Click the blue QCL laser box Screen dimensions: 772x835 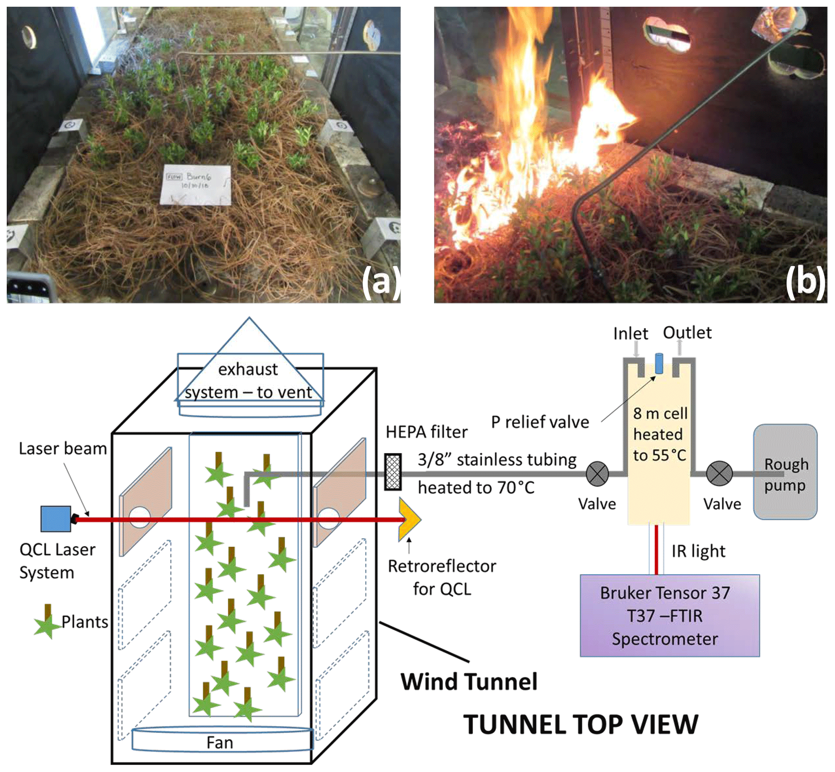click(x=56, y=519)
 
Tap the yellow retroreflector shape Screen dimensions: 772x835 click(x=409, y=519)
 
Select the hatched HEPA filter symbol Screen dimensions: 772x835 click(x=393, y=472)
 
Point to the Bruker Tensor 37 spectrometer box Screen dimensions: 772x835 click(x=669, y=616)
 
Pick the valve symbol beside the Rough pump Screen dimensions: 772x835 click(x=719, y=474)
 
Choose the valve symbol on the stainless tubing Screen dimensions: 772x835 click(x=597, y=474)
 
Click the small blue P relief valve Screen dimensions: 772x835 click(x=659, y=364)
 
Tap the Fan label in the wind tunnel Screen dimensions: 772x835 click(x=220, y=743)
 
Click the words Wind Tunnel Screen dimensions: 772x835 click(x=469, y=682)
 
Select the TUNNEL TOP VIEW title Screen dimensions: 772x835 click(x=581, y=725)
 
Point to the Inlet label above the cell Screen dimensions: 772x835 click(x=630, y=333)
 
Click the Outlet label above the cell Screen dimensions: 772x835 click(x=687, y=332)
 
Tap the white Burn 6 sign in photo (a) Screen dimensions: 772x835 click(x=196, y=185)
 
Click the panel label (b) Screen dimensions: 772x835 click(x=805, y=281)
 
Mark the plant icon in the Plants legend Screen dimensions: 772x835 click(x=47, y=623)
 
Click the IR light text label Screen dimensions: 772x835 click(x=698, y=551)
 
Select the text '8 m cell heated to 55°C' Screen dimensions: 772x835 click(x=660, y=434)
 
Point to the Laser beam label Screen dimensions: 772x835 click(x=63, y=449)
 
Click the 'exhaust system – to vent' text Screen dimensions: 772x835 click(x=248, y=381)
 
